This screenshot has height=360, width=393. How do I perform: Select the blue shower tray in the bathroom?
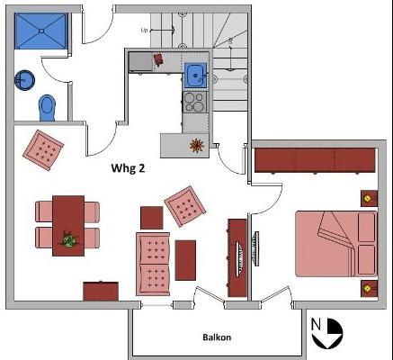point(40,31)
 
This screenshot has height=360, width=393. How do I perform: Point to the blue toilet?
point(47,107)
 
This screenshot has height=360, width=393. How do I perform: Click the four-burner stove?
point(195,102)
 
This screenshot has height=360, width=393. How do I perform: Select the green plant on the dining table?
point(67,239)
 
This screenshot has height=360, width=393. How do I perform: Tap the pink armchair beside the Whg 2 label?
point(185,206)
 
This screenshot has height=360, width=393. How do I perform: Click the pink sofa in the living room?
point(153,262)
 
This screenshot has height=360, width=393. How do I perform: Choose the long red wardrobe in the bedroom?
point(314,160)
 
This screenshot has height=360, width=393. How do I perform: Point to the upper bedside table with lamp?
point(367,197)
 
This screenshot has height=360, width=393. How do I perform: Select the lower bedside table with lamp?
point(367,289)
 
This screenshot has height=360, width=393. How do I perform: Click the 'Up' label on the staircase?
point(144,31)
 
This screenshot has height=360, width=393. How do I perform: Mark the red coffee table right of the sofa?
point(185,259)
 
